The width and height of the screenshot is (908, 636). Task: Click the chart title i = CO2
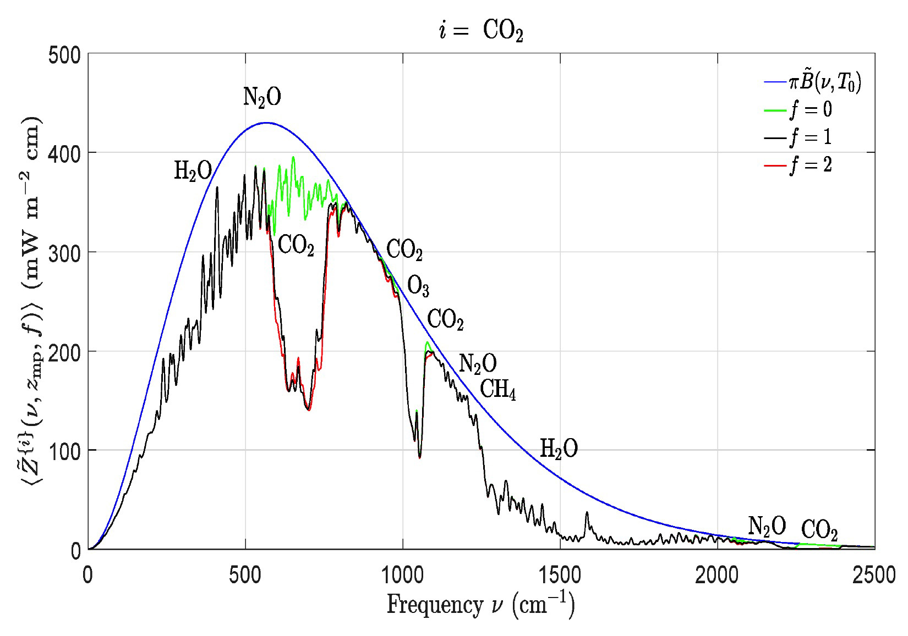tap(481, 32)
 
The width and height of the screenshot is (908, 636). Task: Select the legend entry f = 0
tap(810, 110)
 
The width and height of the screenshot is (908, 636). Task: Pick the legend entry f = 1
tap(810, 137)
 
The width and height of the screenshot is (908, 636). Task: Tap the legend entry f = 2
tap(810, 164)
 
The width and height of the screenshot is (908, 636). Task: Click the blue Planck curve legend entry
tap(824, 83)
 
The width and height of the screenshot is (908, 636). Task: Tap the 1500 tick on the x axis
tap(560, 575)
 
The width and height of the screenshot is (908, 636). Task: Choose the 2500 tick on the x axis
tap(874, 575)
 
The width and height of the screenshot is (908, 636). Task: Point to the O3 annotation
tap(418, 286)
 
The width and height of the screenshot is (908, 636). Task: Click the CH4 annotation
tap(498, 390)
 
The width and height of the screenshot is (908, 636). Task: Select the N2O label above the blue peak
tap(262, 97)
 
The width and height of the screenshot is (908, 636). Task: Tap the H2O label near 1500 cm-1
tap(559, 449)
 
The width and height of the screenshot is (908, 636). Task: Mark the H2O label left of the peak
tap(193, 172)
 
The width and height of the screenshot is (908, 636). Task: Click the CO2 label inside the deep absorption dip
tap(296, 245)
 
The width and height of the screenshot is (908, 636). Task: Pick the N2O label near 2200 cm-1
tap(767, 526)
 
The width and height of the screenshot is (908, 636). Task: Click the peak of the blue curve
tap(266, 123)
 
